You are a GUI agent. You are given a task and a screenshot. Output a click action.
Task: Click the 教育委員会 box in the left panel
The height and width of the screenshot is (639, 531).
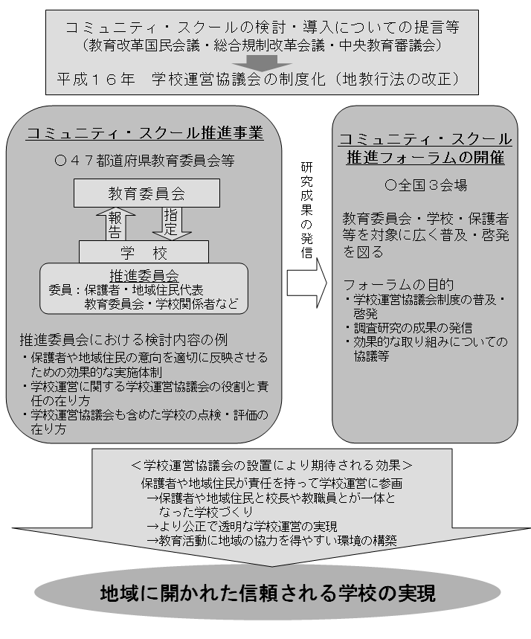[x=147, y=193]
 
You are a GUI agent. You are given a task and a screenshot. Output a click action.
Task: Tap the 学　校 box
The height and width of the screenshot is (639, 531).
[x=144, y=253]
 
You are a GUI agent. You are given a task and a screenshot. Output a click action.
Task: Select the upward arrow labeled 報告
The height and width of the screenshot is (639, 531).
[x=115, y=224]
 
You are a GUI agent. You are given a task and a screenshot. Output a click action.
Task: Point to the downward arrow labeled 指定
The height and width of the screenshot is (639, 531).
[x=172, y=224]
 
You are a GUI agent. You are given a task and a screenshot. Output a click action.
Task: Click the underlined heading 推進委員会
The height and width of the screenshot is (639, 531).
[x=144, y=276]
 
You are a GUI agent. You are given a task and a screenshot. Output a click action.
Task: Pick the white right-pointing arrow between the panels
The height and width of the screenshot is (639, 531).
[x=307, y=283]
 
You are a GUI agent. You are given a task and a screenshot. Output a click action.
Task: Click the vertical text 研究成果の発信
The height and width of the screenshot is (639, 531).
[x=306, y=211]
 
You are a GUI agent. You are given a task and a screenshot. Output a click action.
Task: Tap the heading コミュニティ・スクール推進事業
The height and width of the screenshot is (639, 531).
[x=145, y=133]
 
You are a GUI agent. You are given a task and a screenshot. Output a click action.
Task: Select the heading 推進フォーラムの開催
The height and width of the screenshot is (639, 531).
[x=425, y=157]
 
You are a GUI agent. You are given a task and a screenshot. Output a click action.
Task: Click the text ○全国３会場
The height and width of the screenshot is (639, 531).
[x=425, y=185]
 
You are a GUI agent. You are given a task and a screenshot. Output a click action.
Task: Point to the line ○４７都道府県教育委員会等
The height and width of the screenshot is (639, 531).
[x=144, y=161]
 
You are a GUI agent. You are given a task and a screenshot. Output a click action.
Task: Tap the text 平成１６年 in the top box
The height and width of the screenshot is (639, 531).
[x=96, y=79]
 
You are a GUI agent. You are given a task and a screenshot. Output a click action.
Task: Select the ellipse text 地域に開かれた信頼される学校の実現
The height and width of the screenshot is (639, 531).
[x=268, y=593]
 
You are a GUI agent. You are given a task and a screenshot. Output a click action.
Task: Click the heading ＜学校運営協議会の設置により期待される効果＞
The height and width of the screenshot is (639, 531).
[x=271, y=465]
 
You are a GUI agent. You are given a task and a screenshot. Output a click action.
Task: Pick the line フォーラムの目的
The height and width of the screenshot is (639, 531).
[x=398, y=284]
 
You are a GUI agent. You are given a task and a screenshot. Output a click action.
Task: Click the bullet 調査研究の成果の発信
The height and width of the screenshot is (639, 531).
[x=409, y=327]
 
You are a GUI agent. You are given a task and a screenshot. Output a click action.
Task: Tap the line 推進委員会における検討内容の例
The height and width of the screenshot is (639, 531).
[x=123, y=339]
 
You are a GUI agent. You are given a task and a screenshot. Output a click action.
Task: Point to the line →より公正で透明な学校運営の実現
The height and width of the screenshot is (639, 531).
[x=242, y=527]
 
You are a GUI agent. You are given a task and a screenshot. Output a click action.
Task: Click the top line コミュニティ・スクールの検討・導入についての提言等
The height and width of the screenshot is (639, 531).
[x=262, y=28]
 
